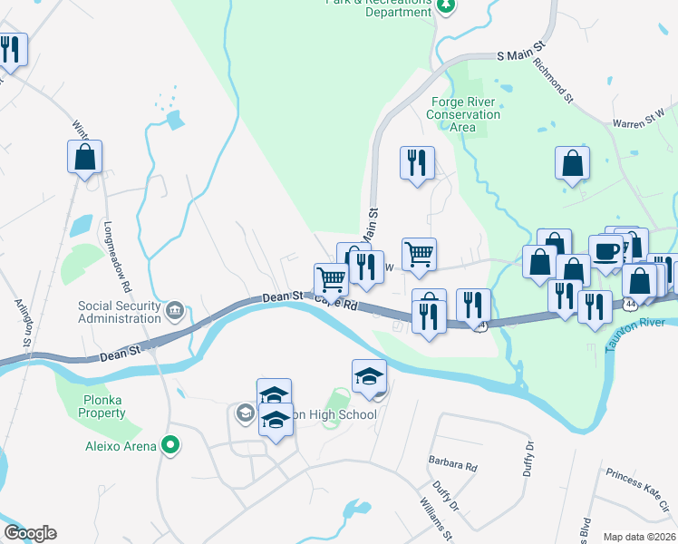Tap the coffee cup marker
[605, 251]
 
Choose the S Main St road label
[524, 56]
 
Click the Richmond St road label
[554, 79]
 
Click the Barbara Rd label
[452, 465]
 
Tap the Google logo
[29, 533]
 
